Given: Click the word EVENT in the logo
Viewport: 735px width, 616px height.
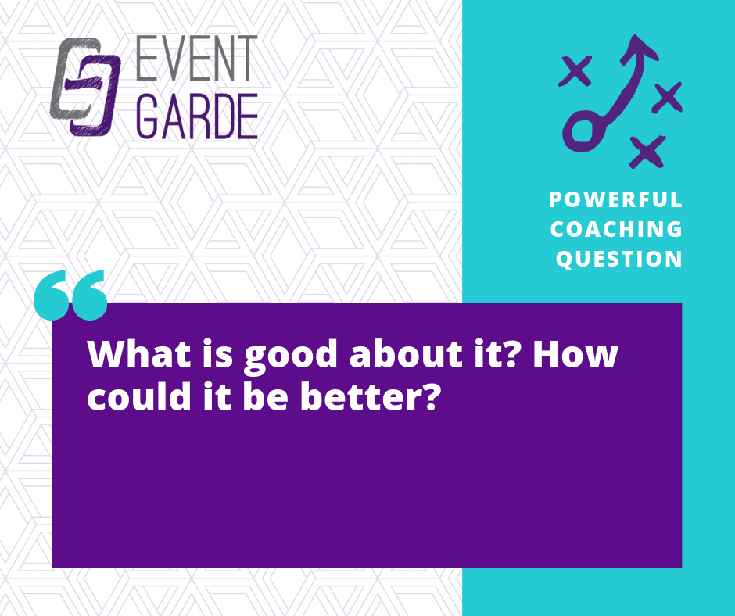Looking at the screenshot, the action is tap(197, 58).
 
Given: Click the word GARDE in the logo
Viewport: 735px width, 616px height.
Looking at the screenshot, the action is tap(197, 116).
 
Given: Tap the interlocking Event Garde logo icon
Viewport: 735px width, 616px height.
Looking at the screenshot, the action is tap(85, 87).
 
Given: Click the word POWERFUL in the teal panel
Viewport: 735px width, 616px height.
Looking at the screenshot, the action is tap(615, 199).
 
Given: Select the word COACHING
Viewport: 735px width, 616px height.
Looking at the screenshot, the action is tap(616, 229).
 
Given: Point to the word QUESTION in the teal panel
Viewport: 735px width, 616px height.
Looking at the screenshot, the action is tap(618, 259).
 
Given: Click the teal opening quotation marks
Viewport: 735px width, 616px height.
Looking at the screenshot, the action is tap(71, 295).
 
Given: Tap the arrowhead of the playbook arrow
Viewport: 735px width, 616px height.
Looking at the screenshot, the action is tap(639, 48).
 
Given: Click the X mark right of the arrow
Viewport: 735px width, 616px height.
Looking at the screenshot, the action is tap(667, 98).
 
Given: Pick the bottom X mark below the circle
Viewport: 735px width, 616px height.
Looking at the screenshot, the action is tap(647, 152).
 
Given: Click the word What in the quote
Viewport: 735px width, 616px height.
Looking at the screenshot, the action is tap(139, 354).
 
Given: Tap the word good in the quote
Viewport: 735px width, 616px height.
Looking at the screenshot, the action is tap(291, 356).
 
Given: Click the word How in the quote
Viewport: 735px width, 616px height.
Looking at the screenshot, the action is tap(575, 354).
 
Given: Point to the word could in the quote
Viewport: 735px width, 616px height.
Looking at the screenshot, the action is tap(138, 396).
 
